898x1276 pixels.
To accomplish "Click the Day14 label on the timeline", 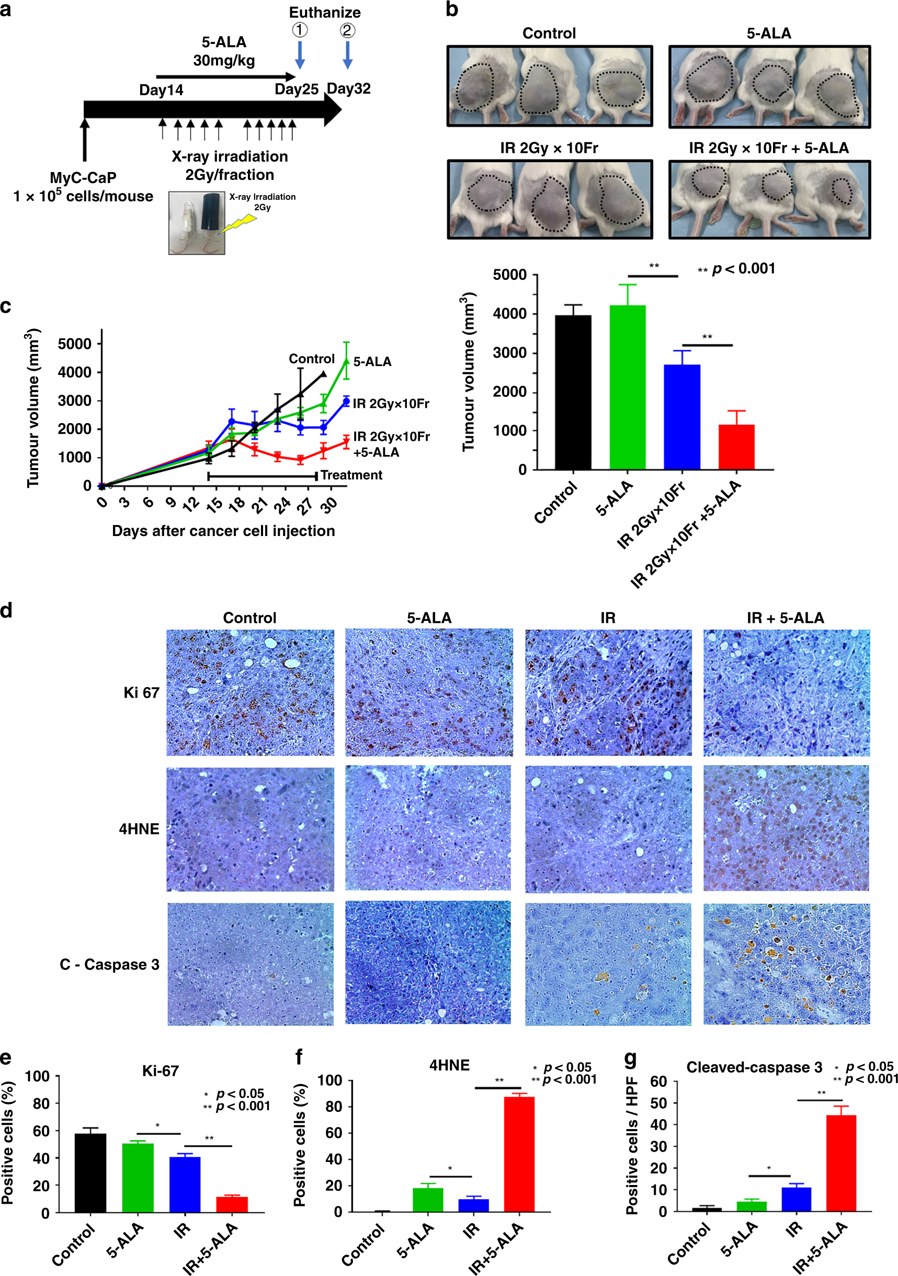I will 161,90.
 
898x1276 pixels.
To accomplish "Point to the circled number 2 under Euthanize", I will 348,30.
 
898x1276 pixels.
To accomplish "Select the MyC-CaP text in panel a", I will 83,178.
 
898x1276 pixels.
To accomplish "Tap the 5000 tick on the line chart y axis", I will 74,344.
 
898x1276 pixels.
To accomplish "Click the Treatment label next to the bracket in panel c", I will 351,475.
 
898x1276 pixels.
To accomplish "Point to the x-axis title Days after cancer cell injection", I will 223,531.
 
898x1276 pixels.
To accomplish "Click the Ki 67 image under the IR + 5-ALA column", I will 786,692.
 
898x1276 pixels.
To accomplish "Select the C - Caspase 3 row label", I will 109,964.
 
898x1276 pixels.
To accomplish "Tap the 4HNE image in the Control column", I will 250,829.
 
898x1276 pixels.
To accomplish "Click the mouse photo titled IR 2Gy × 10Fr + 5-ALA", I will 769,200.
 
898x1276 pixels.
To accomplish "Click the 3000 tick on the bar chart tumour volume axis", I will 510,353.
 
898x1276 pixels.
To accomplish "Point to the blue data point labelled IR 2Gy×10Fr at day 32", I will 346,401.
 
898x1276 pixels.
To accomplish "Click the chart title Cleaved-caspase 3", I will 754,1067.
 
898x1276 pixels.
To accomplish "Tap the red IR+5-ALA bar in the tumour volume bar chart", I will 736,447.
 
